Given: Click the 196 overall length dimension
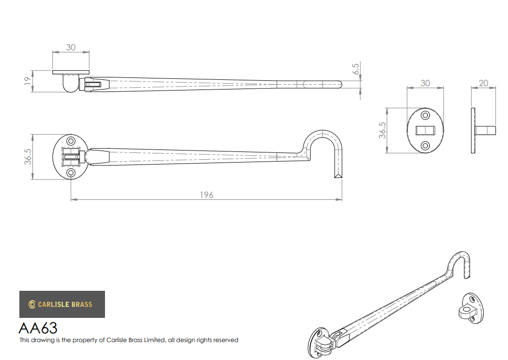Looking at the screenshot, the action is pyautogui.click(x=207, y=195).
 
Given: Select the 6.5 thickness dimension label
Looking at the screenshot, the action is pyautogui.click(x=356, y=69).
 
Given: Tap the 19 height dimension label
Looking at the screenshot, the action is pyautogui.click(x=28, y=81).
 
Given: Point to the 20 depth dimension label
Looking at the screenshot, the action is pyautogui.click(x=483, y=83).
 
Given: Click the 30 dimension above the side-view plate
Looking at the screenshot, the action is pyautogui.click(x=71, y=47).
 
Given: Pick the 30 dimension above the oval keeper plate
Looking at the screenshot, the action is pyautogui.click(x=425, y=83).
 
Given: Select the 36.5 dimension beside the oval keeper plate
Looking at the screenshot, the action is pyautogui.click(x=382, y=130).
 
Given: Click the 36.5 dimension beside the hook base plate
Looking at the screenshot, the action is pyautogui.click(x=28, y=156).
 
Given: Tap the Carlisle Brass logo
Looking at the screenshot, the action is pyautogui.click(x=62, y=304).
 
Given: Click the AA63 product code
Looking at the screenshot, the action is pyautogui.click(x=38, y=328).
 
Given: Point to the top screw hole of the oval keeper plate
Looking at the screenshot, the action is pyautogui.click(x=425, y=115).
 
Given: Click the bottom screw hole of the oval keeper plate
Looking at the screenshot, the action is pyautogui.click(x=425, y=146).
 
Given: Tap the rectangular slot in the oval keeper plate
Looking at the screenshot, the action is pyautogui.click(x=425, y=130).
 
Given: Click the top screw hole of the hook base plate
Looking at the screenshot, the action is pyautogui.click(x=71, y=141).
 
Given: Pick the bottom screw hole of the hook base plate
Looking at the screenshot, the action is pyautogui.click(x=71, y=172).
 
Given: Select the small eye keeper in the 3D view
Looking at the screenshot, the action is pyautogui.click(x=471, y=308).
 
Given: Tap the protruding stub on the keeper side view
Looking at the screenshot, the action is pyautogui.click(x=485, y=130).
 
